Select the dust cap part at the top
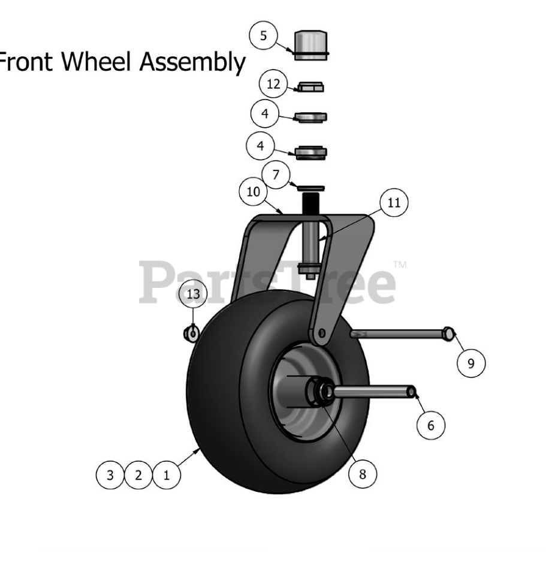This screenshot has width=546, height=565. (310, 46)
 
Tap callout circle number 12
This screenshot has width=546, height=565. (273, 85)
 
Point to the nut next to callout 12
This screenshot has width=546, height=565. (310, 87)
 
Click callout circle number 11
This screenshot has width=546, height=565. (393, 203)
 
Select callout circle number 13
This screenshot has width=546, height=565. (193, 294)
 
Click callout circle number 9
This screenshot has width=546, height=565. (470, 362)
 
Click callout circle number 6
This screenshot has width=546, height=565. (430, 425)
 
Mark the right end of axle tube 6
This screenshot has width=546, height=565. (412, 392)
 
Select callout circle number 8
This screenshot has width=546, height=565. (362, 474)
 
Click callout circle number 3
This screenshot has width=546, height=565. (110, 476)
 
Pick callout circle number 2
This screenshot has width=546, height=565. (138, 476)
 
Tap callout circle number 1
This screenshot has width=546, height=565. (167, 476)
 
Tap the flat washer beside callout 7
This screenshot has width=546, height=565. (311, 188)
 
